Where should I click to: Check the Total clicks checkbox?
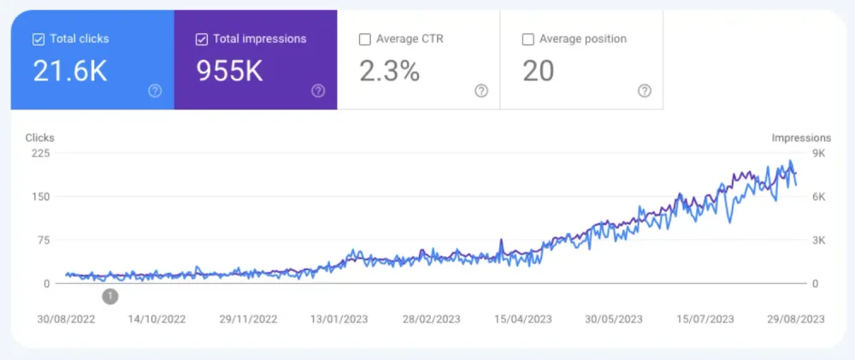38,38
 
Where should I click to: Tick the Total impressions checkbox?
201,38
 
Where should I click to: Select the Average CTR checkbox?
365,38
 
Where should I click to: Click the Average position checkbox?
528,38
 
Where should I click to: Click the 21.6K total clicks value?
70,71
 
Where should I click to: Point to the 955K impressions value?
229,71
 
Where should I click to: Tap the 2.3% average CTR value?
389,71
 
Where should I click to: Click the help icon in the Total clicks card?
155,91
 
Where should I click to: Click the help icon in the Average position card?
645,91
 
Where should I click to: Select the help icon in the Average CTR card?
481,91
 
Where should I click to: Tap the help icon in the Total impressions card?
318,91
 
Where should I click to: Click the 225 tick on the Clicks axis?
41,153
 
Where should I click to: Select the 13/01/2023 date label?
339,319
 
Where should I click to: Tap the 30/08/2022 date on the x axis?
66,319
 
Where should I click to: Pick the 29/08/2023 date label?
795,319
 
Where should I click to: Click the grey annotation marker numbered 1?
110,297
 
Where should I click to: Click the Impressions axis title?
801,138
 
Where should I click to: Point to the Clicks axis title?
39,138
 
